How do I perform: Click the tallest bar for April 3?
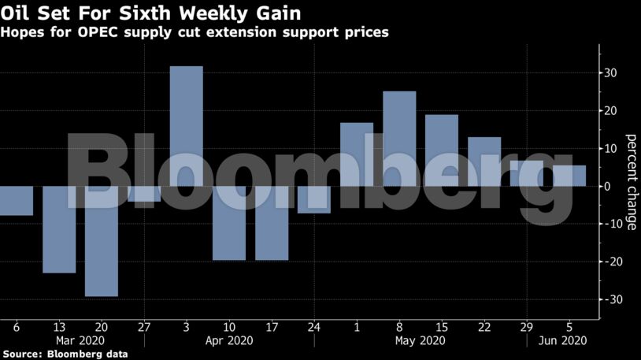point(187,126)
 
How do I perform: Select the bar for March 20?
point(102,241)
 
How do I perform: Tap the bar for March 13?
point(59,229)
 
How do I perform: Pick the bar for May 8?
point(399,139)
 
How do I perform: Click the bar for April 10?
point(229,223)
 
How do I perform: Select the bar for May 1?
point(357,154)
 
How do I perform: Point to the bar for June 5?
point(569,176)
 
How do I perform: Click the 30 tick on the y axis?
point(610,73)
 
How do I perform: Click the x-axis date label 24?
point(314,327)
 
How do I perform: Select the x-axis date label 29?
point(527,327)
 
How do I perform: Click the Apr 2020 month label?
point(229,341)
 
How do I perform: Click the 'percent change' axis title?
point(631,187)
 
